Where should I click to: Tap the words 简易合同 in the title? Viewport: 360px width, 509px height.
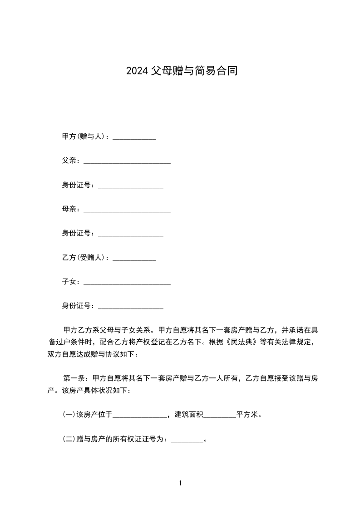(x=216, y=71)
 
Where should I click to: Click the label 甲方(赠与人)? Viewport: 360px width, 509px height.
(x=84, y=137)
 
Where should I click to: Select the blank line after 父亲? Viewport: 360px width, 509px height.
(x=127, y=162)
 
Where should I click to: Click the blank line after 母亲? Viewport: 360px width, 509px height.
(x=127, y=210)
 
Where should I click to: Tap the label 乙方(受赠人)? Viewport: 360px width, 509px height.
(x=84, y=258)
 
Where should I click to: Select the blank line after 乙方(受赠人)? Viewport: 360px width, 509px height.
(x=134, y=259)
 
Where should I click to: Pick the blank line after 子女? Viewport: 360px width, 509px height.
(x=127, y=283)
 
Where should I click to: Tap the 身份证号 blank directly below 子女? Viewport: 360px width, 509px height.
(x=130, y=307)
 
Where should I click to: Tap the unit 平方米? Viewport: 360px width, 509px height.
(x=247, y=414)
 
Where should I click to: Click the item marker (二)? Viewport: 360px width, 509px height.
(x=69, y=439)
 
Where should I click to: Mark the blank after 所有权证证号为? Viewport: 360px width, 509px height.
(x=187, y=440)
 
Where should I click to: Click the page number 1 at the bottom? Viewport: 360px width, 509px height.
(x=180, y=484)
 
